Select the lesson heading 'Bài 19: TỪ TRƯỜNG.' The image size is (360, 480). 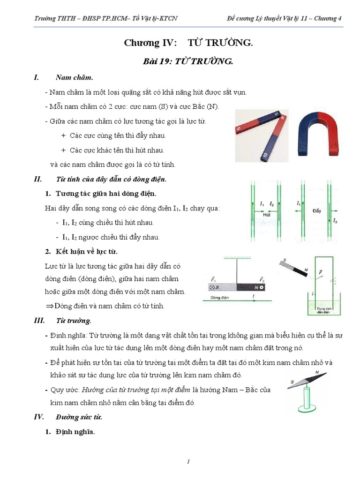(x=188, y=61)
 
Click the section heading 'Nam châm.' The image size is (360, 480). (x=74, y=77)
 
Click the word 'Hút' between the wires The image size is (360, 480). (x=267, y=214)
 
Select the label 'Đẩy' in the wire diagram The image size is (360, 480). (x=317, y=211)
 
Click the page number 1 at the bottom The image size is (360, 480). (x=188, y=462)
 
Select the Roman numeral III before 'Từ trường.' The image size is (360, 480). (x=39, y=321)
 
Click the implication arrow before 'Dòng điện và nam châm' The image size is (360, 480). (x=50, y=306)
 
